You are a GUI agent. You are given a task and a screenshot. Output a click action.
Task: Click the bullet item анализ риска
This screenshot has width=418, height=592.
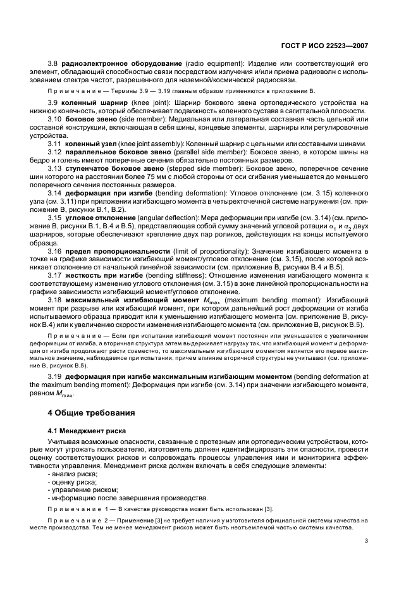pyautogui.click(x=68, y=474)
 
